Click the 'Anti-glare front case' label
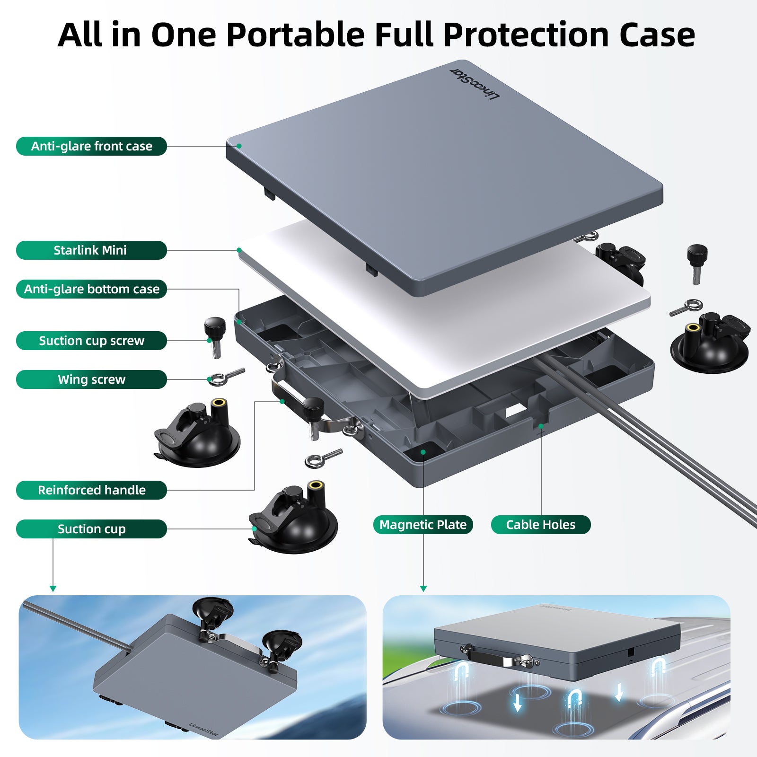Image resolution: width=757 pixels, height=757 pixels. pos(91,146)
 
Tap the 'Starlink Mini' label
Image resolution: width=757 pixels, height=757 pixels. pos(91,250)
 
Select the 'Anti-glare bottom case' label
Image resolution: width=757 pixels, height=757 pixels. pos(91,289)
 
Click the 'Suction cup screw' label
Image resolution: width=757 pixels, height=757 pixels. pos(91,341)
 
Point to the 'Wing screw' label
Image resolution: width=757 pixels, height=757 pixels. pos(91,379)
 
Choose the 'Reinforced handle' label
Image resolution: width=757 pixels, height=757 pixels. pos(91,490)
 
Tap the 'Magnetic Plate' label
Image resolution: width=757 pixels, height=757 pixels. pos(423,525)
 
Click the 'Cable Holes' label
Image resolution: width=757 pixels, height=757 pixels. pos(541,525)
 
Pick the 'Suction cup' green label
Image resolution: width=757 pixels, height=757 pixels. pos(91,529)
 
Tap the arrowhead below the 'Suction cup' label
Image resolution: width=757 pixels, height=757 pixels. pos(53,589)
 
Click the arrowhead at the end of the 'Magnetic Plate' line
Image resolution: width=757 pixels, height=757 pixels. pos(423,589)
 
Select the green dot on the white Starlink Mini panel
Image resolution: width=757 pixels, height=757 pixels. pos(239,250)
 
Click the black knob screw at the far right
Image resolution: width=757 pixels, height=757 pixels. pos(696,263)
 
